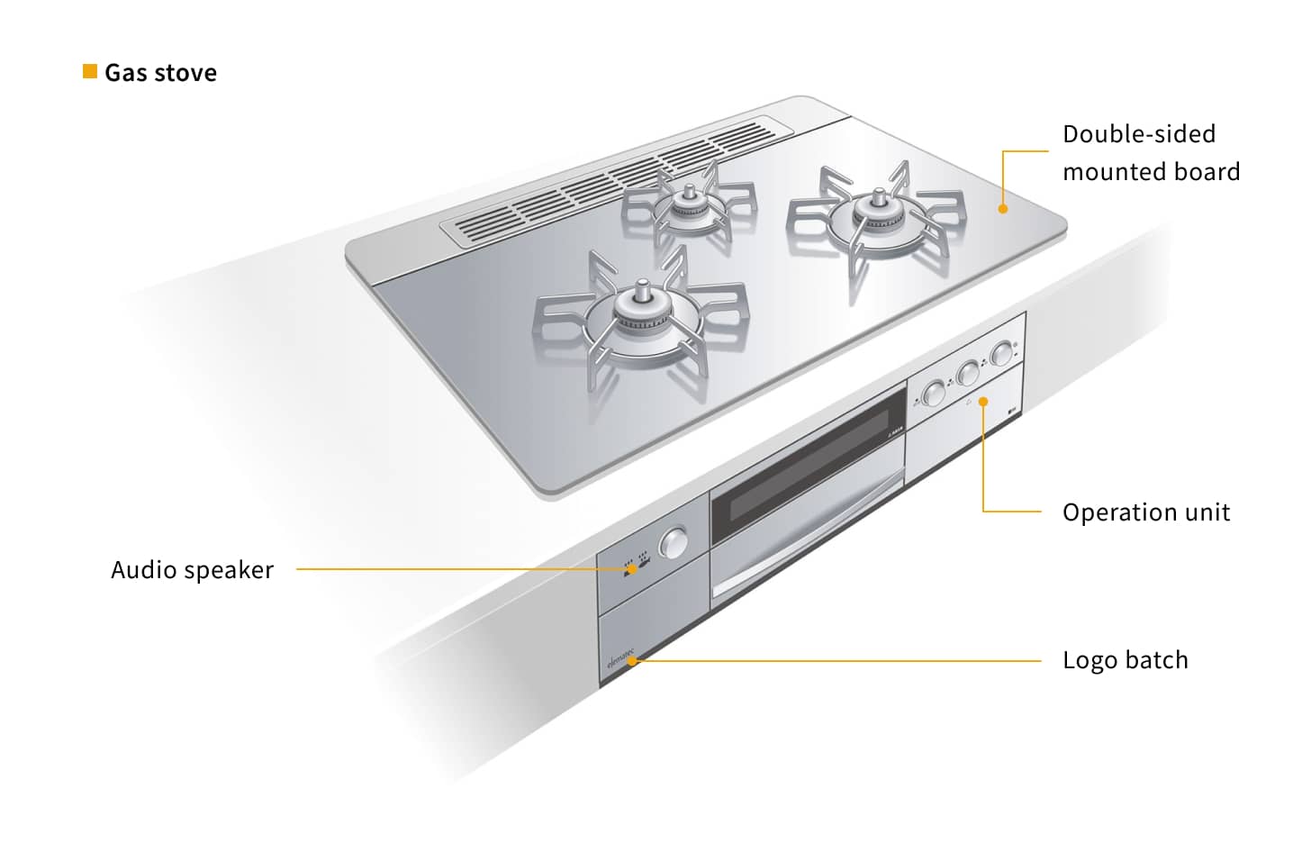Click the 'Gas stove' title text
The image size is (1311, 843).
(x=160, y=73)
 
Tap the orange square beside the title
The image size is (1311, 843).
(x=89, y=71)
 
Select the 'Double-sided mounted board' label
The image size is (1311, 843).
(x=1151, y=153)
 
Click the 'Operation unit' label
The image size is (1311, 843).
(x=1146, y=512)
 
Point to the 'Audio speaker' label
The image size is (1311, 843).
(x=192, y=569)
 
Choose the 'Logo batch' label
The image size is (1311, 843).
(x=1126, y=660)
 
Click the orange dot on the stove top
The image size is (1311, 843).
(x=1002, y=209)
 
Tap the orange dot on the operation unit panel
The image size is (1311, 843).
(x=983, y=402)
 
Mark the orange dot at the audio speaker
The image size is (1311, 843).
(x=632, y=569)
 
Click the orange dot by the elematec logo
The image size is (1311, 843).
(x=632, y=661)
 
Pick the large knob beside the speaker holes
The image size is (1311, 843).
(x=674, y=543)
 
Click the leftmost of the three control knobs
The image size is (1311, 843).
(x=934, y=393)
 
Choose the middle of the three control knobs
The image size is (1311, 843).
(x=968, y=373)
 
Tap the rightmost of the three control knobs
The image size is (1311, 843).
(x=1002, y=353)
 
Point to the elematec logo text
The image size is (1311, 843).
(x=621, y=657)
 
